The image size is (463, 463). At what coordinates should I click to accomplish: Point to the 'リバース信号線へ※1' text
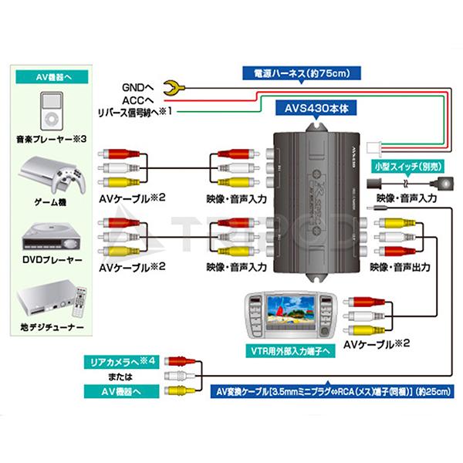point(132,112)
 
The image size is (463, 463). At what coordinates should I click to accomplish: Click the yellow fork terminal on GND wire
point(178,86)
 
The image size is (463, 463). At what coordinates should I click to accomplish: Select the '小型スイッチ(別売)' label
point(405,165)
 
